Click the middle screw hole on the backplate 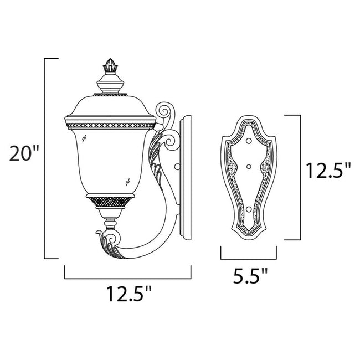[248, 166]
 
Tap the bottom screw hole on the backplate [248, 208]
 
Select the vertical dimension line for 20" [44, 158]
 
